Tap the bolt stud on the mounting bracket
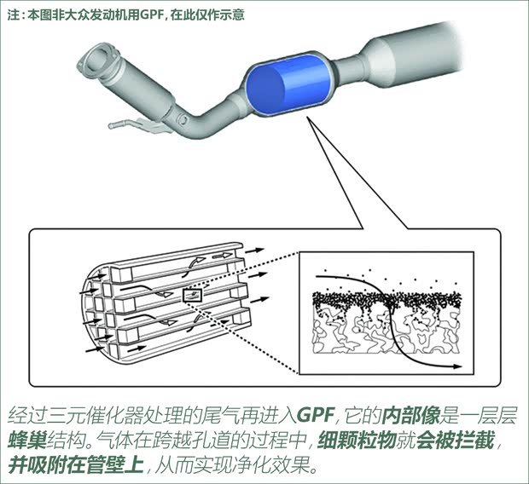click(x=119, y=126)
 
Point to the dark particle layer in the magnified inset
click(x=384, y=301)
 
